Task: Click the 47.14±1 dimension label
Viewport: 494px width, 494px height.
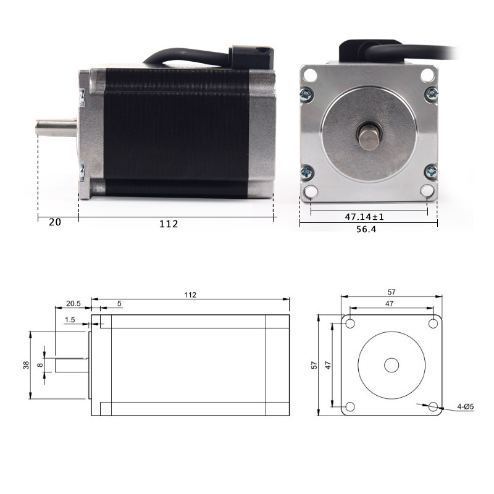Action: pyautogui.click(x=364, y=217)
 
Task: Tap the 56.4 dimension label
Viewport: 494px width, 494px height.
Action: pyautogui.click(x=366, y=229)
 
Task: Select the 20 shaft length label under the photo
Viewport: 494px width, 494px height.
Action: pyautogui.click(x=55, y=222)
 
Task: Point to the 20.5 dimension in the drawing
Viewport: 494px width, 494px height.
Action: pyautogui.click(x=73, y=303)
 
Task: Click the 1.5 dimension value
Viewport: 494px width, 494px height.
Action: pyautogui.click(x=70, y=320)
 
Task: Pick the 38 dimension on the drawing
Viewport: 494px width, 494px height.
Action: pyautogui.click(x=26, y=365)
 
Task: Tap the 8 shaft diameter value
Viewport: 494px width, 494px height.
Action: pyautogui.click(x=40, y=365)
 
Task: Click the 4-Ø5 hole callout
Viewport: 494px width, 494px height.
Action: pyautogui.click(x=466, y=407)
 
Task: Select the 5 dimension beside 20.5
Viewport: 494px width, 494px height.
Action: pyautogui.click(x=119, y=303)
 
